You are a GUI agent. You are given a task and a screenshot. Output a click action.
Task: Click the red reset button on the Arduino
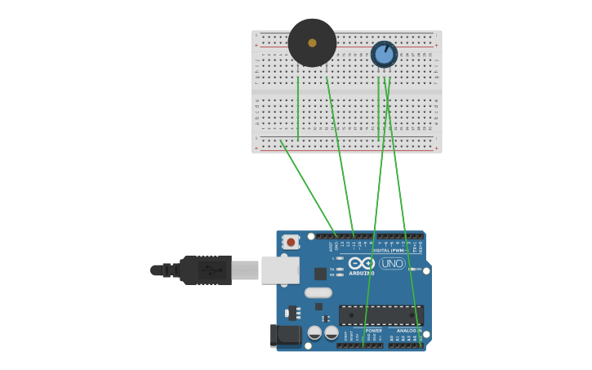[290, 243]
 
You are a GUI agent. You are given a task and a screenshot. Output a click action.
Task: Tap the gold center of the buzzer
[312, 42]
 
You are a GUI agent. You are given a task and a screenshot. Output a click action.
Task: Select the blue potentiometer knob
[384, 55]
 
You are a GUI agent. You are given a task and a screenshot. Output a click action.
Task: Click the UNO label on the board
[393, 264]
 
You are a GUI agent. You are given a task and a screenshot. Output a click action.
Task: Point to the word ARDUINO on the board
[361, 274]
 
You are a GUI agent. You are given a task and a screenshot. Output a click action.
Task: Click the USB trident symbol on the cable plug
[212, 270]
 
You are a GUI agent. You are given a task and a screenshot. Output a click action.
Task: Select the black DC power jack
[285, 335]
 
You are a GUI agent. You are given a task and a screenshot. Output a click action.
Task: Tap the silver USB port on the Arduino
[280, 270]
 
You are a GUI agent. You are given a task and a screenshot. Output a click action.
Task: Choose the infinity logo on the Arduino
[361, 263]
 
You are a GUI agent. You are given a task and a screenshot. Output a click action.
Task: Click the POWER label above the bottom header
[374, 331]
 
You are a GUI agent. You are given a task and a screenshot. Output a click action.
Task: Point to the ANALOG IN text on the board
[409, 331]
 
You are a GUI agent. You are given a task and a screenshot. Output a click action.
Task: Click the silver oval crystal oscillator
[318, 292]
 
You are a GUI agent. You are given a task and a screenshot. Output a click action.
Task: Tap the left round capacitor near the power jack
[314, 332]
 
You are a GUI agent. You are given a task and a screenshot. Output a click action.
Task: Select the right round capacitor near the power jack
[332, 332]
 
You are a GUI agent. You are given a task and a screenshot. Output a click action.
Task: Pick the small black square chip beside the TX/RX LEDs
[320, 274]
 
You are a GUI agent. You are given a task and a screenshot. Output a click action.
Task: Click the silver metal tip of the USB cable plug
[245, 270]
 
